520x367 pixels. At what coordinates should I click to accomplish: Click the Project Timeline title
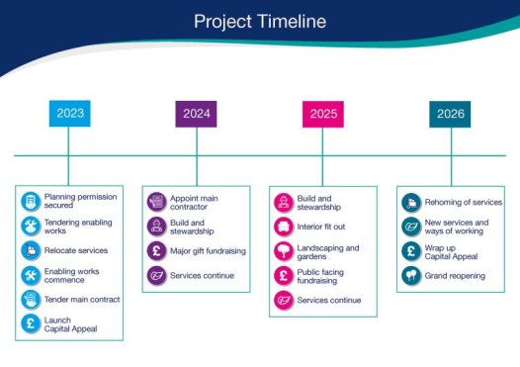[259, 21]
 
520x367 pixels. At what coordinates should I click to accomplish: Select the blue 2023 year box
[69, 114]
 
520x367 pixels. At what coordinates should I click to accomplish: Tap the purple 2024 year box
[197, 114]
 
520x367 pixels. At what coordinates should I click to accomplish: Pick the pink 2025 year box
[323, 114]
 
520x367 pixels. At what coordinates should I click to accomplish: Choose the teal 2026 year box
[450, 114]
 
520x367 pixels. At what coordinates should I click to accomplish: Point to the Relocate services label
[76, 250]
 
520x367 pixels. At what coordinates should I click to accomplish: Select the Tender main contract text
[82, 299]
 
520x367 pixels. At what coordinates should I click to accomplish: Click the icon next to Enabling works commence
[31, 275]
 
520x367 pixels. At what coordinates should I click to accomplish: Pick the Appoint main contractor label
[194, 202]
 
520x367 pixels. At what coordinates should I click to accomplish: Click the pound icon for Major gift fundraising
[156, 250]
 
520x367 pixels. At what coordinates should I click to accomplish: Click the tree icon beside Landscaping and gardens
[283, 251]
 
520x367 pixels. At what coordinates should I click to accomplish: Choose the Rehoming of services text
[463, 202]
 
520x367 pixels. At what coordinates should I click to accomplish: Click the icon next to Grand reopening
[410, 275]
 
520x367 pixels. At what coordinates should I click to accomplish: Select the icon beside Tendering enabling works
[31, 227]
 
